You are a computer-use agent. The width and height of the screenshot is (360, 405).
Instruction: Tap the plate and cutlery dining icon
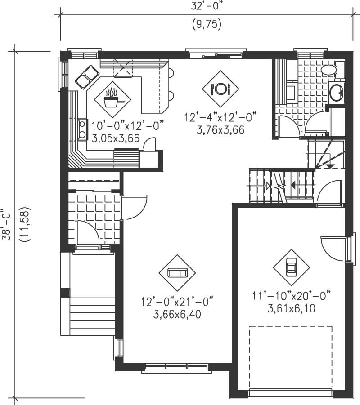tap(220, 89)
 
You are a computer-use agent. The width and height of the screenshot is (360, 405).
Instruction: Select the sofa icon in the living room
tap(177, 272)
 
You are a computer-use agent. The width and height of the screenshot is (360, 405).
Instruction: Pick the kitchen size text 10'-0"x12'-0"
tap(128, 125)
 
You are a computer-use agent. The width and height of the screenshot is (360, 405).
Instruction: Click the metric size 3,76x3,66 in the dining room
tap(220, 129)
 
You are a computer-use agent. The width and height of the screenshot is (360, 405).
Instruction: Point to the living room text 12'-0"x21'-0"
tap(177, 300)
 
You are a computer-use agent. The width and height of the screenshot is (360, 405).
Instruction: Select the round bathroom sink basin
tap(336, 93)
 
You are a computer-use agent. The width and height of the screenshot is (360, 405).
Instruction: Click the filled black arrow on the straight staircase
tap(293, 185)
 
